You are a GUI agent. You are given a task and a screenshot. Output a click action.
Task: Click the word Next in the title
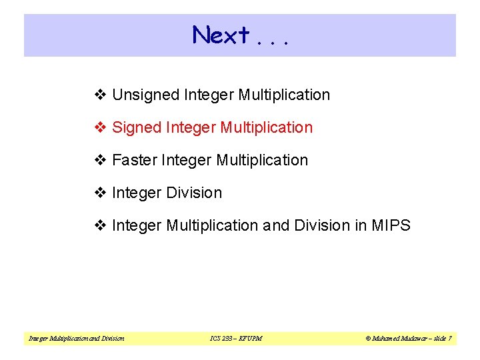point(221,35)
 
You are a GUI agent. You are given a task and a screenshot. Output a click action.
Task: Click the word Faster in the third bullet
point(135,161)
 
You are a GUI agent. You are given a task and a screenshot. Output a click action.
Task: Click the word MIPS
point(392,226)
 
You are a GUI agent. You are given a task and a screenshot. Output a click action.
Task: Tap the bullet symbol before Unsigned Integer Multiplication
point(101,95)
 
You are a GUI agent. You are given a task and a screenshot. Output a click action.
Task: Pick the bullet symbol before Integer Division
point(101,193)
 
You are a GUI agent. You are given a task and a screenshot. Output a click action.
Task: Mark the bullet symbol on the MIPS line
point(101,226)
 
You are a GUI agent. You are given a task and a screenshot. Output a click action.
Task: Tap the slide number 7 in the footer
point(450,339)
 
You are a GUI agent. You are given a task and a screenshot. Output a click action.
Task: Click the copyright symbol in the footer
point(367,339)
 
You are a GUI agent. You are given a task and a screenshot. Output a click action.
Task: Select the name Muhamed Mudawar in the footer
point(397,339)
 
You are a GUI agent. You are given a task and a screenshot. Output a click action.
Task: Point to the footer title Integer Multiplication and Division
point(76,339)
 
